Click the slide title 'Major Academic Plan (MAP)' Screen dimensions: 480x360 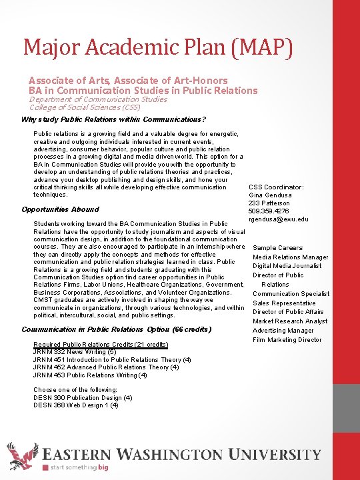coord(158,47)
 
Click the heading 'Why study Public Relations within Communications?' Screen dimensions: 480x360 coord(114,119)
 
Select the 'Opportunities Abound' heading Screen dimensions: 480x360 coord(61,209)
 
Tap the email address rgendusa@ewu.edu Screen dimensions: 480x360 coord(278,219)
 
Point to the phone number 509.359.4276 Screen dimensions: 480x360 coord(269,211)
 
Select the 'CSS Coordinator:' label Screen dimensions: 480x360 coord(276,187)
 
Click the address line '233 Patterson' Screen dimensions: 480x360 coord(269,203)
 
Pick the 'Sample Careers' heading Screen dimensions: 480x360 coord(277,248)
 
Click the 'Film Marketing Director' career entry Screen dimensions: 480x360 coord(287,339)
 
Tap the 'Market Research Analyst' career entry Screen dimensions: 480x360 coord(290,321)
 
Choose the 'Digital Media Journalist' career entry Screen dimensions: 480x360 coord(287,266)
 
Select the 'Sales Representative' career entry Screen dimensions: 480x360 coord(284,303)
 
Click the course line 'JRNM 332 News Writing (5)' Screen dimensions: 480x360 coord(75,352)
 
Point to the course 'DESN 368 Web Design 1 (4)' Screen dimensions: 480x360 coord(76,405)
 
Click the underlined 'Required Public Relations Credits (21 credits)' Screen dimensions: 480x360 coord(100,344)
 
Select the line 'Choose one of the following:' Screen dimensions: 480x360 coord(75,389)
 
